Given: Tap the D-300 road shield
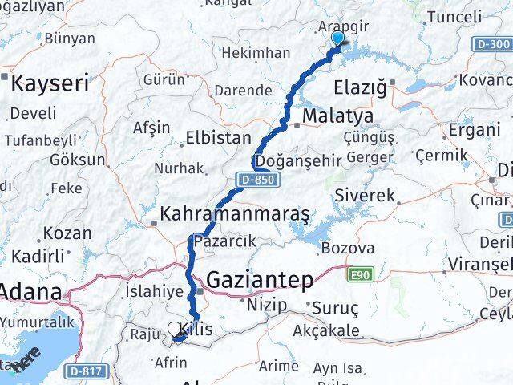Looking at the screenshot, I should pos(491,46).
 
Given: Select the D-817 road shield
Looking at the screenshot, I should pos(85,372).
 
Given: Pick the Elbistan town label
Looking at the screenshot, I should pos(218,137).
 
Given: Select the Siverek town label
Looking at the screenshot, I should pos(366,195).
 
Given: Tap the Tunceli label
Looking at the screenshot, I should pos(454,16).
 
